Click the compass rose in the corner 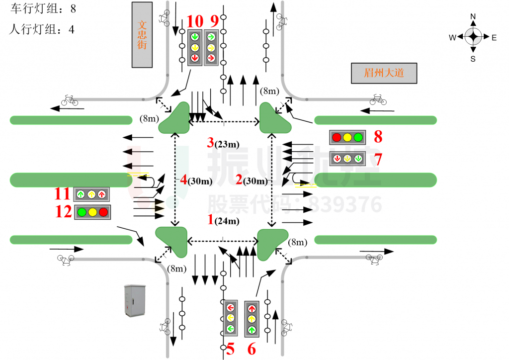click(473, 37)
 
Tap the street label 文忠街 click(142, 35)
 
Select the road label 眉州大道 click(383, 73)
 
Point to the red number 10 click(195, 21)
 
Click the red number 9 click(214, 21)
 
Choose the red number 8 click(378, 137)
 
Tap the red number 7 click(378, 159)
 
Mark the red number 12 click(64, 212)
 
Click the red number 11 click(63, 194)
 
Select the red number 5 click(230, 349)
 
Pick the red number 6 click(252, 349)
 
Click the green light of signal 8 click(358, 137)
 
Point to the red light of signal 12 click(103, 212)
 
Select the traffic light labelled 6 click(252, 318)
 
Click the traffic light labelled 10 click(194, 47)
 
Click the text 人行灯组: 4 click(42, 29)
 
